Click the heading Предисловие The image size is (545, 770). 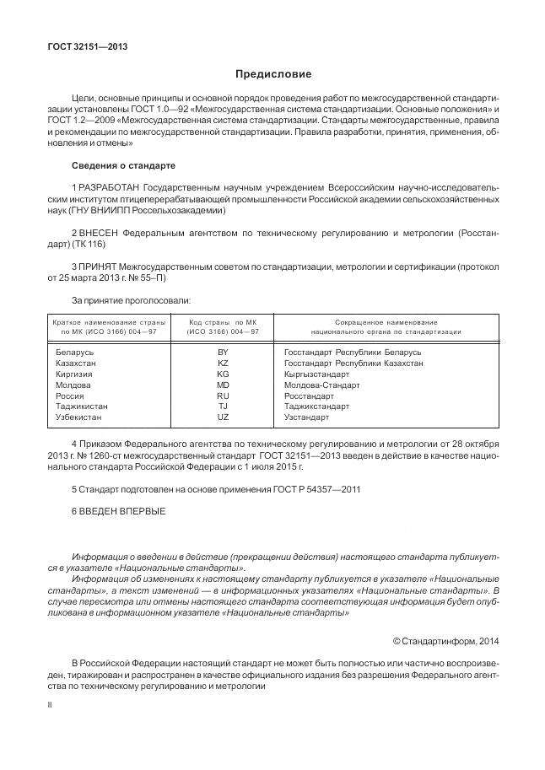coord(273,74)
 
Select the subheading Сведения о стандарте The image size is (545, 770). coord(123,164)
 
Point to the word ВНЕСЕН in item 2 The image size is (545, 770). coord(104,231)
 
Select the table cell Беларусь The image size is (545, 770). coord(74,352)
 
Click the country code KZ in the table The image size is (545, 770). coord(223,363)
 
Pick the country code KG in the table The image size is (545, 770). coord(223,374)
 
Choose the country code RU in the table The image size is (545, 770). coord(223,396)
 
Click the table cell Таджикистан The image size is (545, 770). coord(81,407)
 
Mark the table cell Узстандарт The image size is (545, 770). coord(307,417)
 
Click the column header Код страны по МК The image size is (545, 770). coord(223,322)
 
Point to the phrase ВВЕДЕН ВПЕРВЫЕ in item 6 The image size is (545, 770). coord(119,511)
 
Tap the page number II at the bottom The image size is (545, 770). coord(50,703)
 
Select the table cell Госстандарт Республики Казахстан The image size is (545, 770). coord(342,363)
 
